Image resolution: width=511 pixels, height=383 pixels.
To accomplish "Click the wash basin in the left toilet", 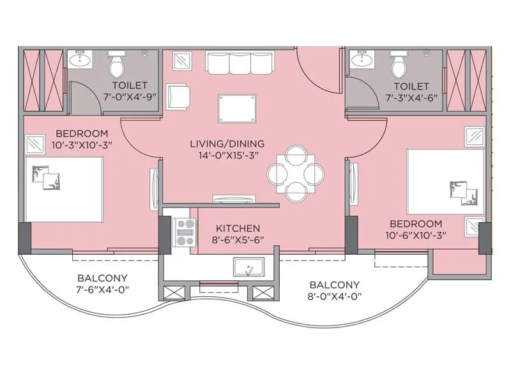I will point(82,60).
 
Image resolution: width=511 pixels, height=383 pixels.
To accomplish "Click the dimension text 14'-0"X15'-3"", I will point(227,156).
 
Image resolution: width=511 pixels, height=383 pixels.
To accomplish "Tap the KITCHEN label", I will point(238,228).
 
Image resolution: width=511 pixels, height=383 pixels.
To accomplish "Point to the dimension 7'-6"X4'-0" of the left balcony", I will point(102,290).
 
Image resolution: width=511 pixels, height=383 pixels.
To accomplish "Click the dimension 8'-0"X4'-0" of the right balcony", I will point(334,297).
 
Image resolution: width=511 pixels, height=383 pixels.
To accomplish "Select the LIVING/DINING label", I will point(227,144).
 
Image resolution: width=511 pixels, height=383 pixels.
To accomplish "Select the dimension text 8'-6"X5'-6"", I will point(238,240).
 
